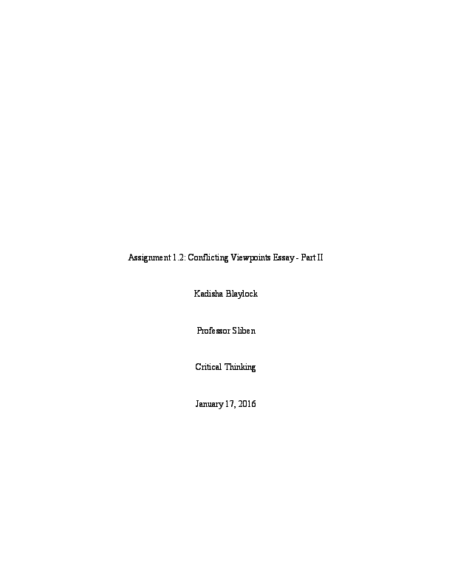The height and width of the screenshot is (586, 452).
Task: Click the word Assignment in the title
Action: pyautogui.click(x=149, y=258)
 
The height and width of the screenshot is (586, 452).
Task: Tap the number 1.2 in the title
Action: pyautogui.click(x=178, y=257)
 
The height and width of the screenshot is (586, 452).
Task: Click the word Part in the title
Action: pyautogui.click(x=308, y=257)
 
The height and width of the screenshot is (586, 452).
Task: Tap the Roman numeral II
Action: pyautogui.click(x=320, y=257)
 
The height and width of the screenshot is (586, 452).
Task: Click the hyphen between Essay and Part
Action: pyautogui.click(x=297, y=259)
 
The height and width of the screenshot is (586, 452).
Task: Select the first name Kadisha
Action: pyautogui.click(x=208, y=294)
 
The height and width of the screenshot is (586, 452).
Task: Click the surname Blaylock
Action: pyautogui.click(x=242, y=294)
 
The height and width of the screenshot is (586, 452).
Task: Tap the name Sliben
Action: pyautogui.click(x=244, y=331)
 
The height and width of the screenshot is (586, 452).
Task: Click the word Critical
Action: pyautogui.click(x=208, y=367)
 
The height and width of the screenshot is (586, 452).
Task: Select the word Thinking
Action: pyautogui.click(x=240, y=368)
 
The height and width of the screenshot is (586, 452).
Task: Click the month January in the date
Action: pyautogui.click(x=209, y=404)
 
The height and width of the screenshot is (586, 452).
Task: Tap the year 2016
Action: pyautogui.click(x=247, y=404)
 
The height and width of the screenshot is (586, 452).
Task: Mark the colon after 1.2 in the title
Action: pyautogui.click(x=185, y=259)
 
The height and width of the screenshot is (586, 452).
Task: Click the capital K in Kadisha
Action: pyautogui.click(x=197, y=294)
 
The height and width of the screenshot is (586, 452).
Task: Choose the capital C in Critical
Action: pyautogui.click(x=198, y=367)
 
